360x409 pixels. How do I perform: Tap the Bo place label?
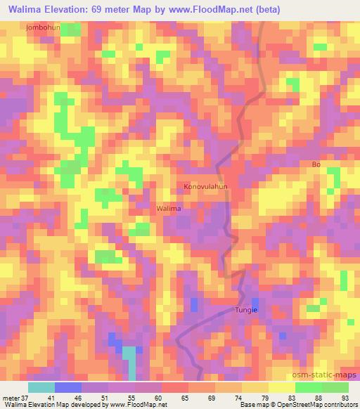[316, 164]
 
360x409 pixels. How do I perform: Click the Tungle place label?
[246, 310]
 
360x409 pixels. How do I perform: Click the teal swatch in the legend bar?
[41, 387]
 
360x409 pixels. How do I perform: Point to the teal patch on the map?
[130, 359]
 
